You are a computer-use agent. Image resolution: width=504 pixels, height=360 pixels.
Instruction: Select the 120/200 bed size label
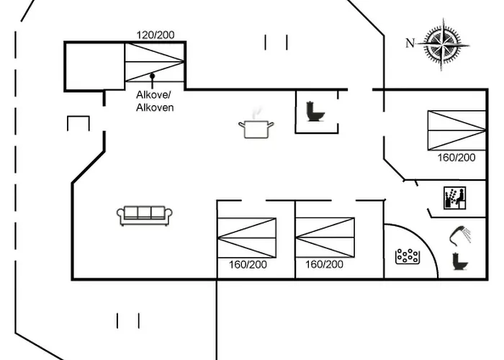[156, 35]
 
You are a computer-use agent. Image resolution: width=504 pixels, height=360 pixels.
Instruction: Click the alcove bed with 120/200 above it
[154, 63]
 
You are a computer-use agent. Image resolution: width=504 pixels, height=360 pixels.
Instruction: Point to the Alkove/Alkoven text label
[155, 101]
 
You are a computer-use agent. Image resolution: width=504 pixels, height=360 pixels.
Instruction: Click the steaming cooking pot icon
[256, 127]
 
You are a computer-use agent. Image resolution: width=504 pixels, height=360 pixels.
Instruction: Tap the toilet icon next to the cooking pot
[315, 112]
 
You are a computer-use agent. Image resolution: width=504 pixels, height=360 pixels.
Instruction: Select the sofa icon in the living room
[145, 215]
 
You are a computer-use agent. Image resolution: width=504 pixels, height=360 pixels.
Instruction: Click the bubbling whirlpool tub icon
[408, 256]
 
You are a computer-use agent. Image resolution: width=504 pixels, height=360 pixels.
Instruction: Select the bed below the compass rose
[456, 130]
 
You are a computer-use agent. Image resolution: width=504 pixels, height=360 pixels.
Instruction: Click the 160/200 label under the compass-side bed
[456, 157]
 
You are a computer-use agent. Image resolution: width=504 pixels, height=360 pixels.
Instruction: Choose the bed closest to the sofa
[247, 237]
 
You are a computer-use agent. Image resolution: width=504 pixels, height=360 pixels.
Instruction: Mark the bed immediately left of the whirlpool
[325, 237]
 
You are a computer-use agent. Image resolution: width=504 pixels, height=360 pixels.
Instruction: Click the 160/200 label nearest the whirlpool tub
[324, 264]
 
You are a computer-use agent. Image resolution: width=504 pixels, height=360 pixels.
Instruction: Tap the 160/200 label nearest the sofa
[247, 264]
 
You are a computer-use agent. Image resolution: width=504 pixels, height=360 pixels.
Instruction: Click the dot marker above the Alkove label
[152, 76]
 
